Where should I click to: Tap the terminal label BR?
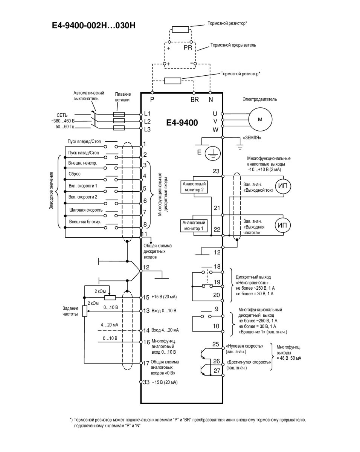pyautogui.click(x=194, y=100)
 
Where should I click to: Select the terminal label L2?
pyautogui.click(x=147, y=121)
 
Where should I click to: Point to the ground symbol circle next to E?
pyautogui.click(x=213, y=153)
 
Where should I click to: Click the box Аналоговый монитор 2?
pyautogui.click(x=194, y=187)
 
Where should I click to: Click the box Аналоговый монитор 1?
pyautogui.click(x=194, y=225)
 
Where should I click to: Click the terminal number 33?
pyautogui.click(x=146, y=382)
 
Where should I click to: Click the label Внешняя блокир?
pyautogui.click(x=85, y=222)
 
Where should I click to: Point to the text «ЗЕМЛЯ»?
pyautogui.click(x=252, y=138)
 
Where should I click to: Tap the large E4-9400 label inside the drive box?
pyautogui.click(x=182, y=122)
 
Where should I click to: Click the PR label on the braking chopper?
pyautogui.click(x=188, y=48)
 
